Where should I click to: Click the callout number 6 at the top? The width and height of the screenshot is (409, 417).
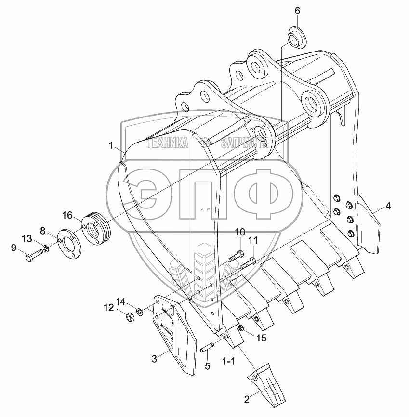coord(297,11)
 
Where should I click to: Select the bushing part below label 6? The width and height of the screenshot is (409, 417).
coord(297,37)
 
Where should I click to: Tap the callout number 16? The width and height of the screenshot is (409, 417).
coord(67,215)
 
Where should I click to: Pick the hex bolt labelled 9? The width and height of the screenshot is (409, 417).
coord(34,254)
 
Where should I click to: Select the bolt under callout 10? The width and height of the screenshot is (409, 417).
coord(236,256)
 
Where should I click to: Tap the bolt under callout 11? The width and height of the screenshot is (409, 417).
coord(248,263)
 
